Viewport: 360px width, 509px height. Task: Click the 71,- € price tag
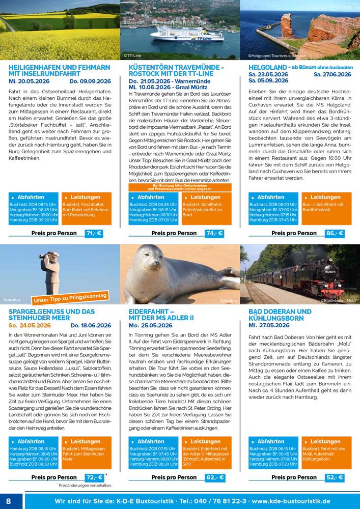pyautogui.click(x=94, y=233)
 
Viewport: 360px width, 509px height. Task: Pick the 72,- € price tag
pyautogui.click(x=94, y=477)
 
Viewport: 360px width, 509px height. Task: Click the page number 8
pyautogui.click(x=9, y=500)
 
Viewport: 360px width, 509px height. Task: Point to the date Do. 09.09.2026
pyautogui.click(x=90, y=81)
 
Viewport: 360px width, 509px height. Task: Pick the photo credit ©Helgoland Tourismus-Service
pyautogui.click(x=278, y=55)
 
